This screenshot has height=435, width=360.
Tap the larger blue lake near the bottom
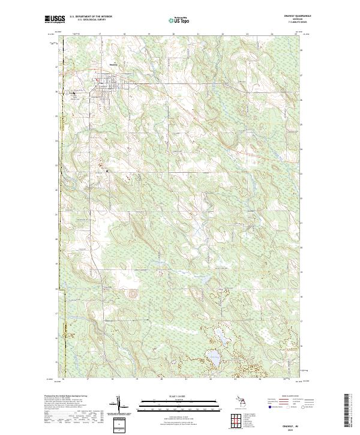(x=212, y=358)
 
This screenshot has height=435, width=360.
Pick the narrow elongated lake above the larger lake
(x=220, y=340)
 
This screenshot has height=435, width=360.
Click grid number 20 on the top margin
(x=173, y=35)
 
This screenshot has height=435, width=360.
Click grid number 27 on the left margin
(x=58, y=68)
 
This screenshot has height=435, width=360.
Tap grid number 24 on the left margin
(x=58, y=141)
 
